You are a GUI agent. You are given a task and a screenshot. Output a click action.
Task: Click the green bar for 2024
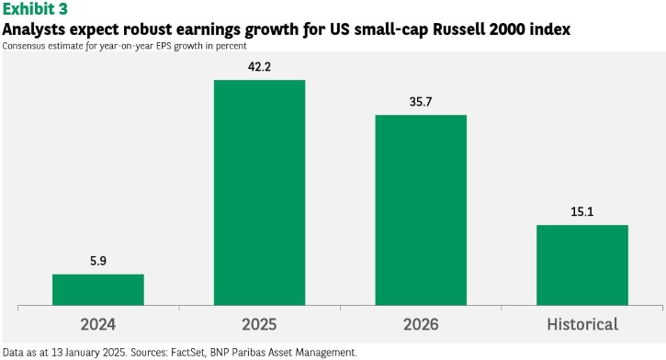point(98,289)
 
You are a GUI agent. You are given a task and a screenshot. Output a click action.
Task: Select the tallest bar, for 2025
point(260,192)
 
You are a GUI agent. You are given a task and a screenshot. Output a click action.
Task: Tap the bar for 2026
point(421,209)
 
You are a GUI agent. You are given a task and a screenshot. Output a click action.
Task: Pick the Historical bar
point(582,264)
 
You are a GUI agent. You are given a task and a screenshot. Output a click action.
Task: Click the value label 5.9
point(98,261)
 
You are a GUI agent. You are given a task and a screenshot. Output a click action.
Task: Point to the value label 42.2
point(260,67)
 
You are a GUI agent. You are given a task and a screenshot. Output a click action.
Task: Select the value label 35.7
point(421,101)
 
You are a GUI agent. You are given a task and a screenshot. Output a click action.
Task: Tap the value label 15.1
point(582,211)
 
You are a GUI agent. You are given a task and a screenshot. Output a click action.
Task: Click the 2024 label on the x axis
point(98,324)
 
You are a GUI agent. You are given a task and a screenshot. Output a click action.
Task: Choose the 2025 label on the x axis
point(260,324)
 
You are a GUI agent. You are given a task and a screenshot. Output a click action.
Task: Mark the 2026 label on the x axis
point(421,324)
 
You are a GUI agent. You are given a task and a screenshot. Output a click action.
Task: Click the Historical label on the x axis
point(582,324)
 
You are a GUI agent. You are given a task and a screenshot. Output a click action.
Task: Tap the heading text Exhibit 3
point(35,9)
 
